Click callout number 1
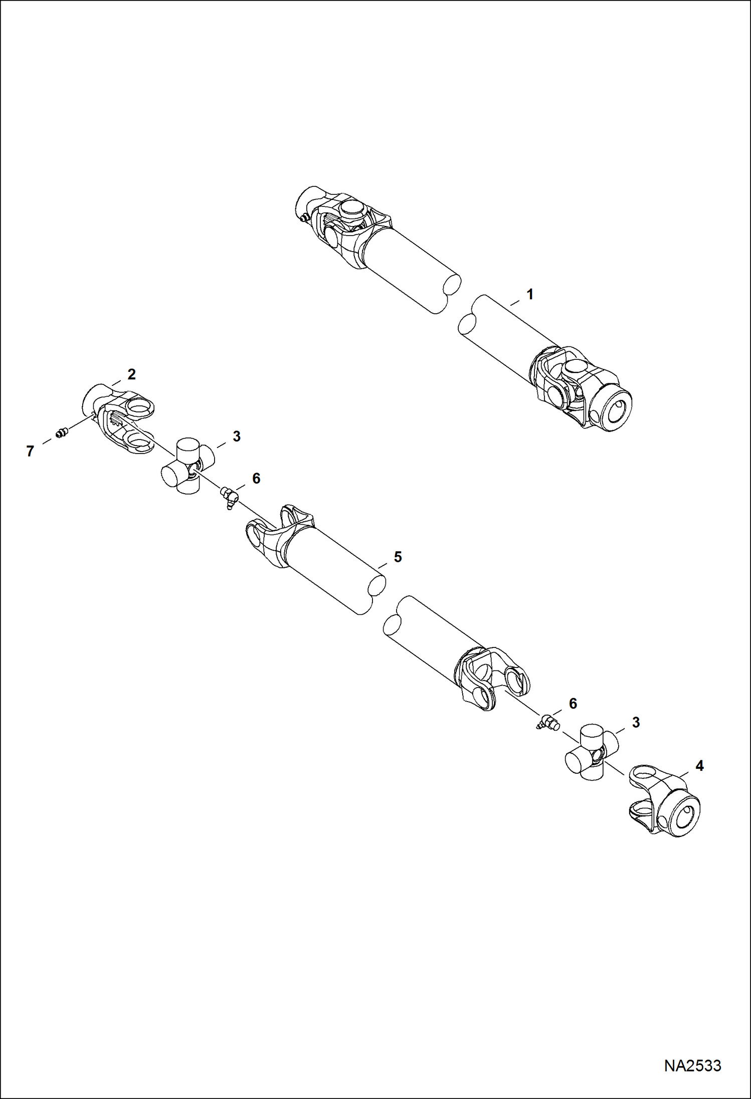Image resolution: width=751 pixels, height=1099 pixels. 529,295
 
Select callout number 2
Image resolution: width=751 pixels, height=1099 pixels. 131,374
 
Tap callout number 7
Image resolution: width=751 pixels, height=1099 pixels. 30,452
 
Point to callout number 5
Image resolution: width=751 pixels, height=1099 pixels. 398,557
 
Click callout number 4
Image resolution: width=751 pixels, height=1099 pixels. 699,766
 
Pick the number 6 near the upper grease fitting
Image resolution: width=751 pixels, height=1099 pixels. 256,479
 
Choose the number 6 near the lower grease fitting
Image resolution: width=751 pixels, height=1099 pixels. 573,704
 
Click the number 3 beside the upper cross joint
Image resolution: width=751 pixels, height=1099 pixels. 236,436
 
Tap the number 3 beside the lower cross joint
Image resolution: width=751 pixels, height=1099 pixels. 636,723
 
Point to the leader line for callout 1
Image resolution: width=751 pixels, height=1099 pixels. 515,302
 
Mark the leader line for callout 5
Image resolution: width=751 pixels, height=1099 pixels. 383,565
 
